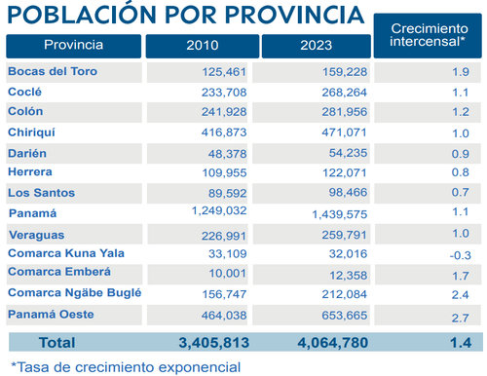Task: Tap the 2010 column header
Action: point(202,46)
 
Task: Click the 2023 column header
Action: point(316,46)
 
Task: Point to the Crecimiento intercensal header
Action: point(428,36)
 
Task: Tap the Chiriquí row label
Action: point(33,132)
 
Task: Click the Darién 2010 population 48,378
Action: point(223,153)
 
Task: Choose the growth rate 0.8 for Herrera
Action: point(461,172)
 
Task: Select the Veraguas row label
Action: point(36,234)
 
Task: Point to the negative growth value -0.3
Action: point(459,253)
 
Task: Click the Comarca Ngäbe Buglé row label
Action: point(75,293)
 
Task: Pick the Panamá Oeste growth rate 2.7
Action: point(461,318)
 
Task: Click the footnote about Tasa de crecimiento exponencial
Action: point(124,366)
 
